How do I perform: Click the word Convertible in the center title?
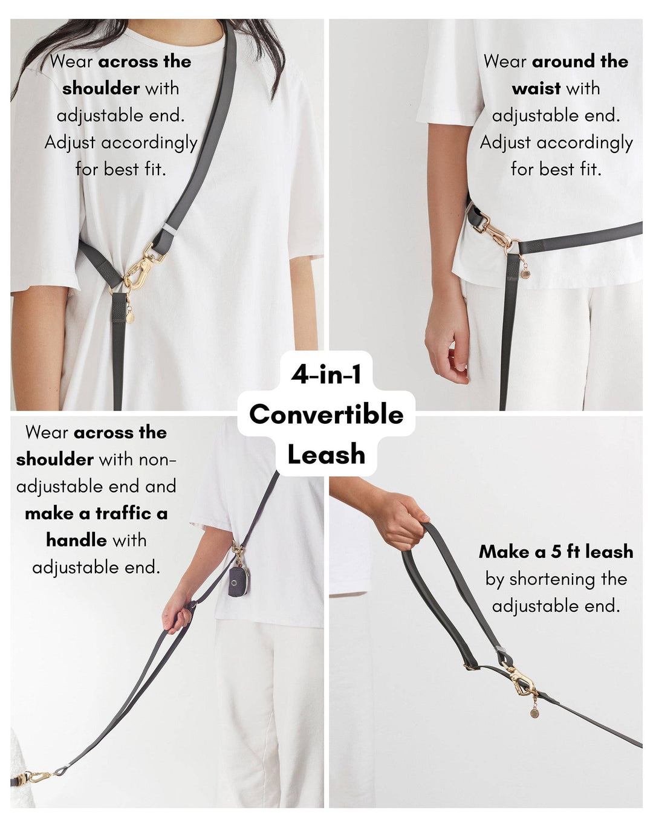point(326,415)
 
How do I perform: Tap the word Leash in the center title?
point(326,455)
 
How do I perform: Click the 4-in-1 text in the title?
point(326,375)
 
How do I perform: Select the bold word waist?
point(536,89)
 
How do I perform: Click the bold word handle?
point(76,540)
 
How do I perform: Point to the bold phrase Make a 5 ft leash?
point(556,552)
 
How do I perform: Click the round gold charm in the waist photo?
point(525,274)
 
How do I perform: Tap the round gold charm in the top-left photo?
point(130,318)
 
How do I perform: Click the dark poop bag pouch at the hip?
point(239,581)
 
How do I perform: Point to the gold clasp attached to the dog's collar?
point(36,777)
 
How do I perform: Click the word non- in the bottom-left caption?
point(158,459)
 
